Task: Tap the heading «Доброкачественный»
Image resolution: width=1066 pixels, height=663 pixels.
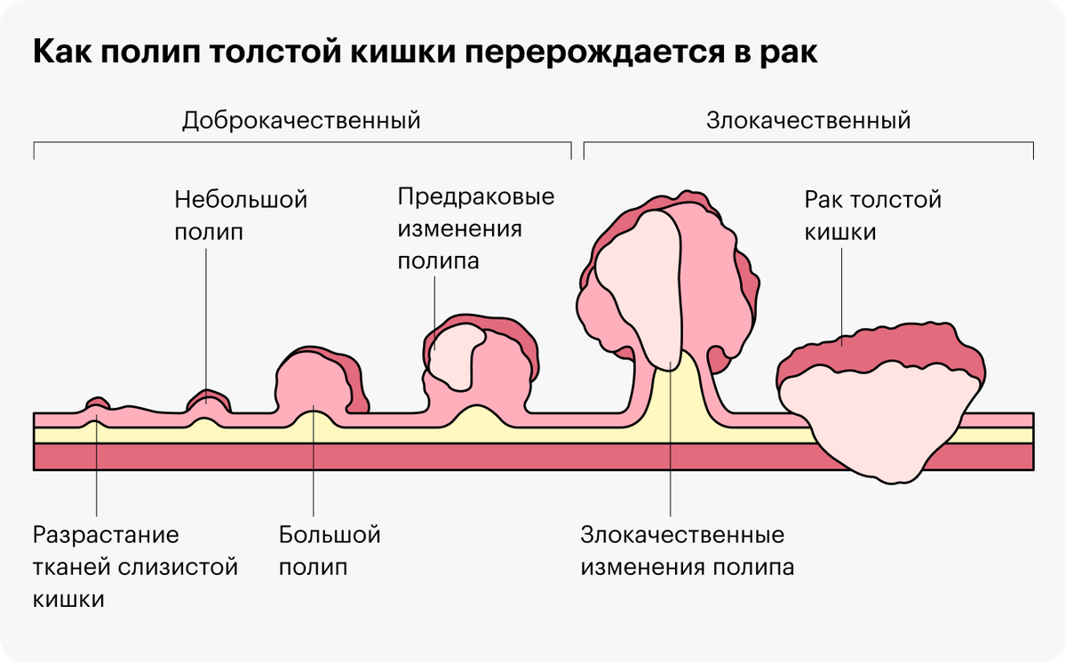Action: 301,120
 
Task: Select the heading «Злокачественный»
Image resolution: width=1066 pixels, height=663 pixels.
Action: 808,120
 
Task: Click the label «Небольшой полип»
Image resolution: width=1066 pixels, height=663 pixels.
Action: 241,216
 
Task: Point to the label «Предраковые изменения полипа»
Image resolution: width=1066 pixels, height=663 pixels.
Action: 476,228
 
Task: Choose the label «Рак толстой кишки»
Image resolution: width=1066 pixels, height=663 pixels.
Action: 872,216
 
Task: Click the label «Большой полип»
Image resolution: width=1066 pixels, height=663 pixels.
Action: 330,551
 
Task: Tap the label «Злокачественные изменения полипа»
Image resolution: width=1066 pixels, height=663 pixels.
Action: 688,551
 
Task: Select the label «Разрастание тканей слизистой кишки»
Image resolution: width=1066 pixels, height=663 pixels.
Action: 135,566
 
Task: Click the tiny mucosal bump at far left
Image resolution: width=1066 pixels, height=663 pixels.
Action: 98,403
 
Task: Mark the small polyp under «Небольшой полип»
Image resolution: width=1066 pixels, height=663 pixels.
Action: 208,402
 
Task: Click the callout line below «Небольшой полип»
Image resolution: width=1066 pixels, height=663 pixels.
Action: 206,326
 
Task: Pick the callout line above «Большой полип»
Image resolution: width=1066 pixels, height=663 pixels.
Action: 313,460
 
